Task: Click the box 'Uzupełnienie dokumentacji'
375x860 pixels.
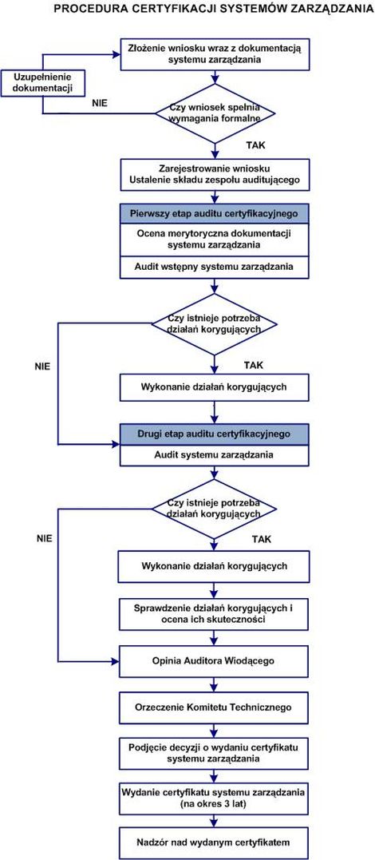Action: point(43,83)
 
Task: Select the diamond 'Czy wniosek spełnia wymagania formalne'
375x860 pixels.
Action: point(215,113)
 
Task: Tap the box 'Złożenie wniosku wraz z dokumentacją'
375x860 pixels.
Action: point(215,54)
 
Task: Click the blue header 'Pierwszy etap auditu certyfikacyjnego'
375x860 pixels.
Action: point(215,213)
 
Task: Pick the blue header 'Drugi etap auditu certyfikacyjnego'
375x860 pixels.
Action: point(215,434)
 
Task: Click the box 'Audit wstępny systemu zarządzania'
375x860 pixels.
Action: point(215,268)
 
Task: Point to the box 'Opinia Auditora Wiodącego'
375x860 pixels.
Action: point(213,661)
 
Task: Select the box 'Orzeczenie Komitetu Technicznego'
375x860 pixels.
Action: point(213,707)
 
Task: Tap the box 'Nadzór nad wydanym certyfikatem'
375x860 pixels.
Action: point(213,842)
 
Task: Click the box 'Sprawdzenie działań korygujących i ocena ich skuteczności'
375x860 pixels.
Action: point(213,614)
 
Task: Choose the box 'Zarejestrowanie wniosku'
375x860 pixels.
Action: point(215,174)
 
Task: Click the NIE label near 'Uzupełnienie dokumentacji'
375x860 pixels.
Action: point(101,103)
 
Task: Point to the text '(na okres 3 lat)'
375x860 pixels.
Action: point(213,805)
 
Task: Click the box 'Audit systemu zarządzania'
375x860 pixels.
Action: point(215,455)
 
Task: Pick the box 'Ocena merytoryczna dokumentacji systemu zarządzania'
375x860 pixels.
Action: point(215,240)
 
